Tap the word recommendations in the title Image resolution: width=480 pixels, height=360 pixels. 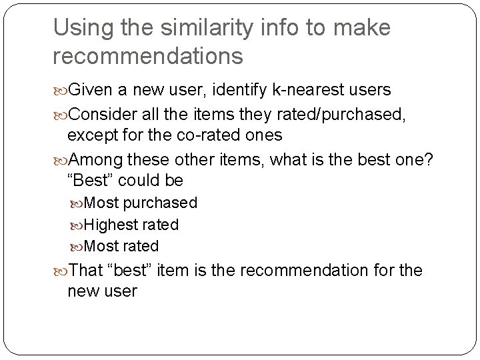point(148,57)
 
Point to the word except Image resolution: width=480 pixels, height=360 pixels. point(91,135)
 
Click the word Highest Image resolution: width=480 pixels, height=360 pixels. point(121,225)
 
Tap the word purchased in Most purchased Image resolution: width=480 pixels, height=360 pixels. point(161,203)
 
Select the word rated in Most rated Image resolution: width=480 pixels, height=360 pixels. point(141,246)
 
